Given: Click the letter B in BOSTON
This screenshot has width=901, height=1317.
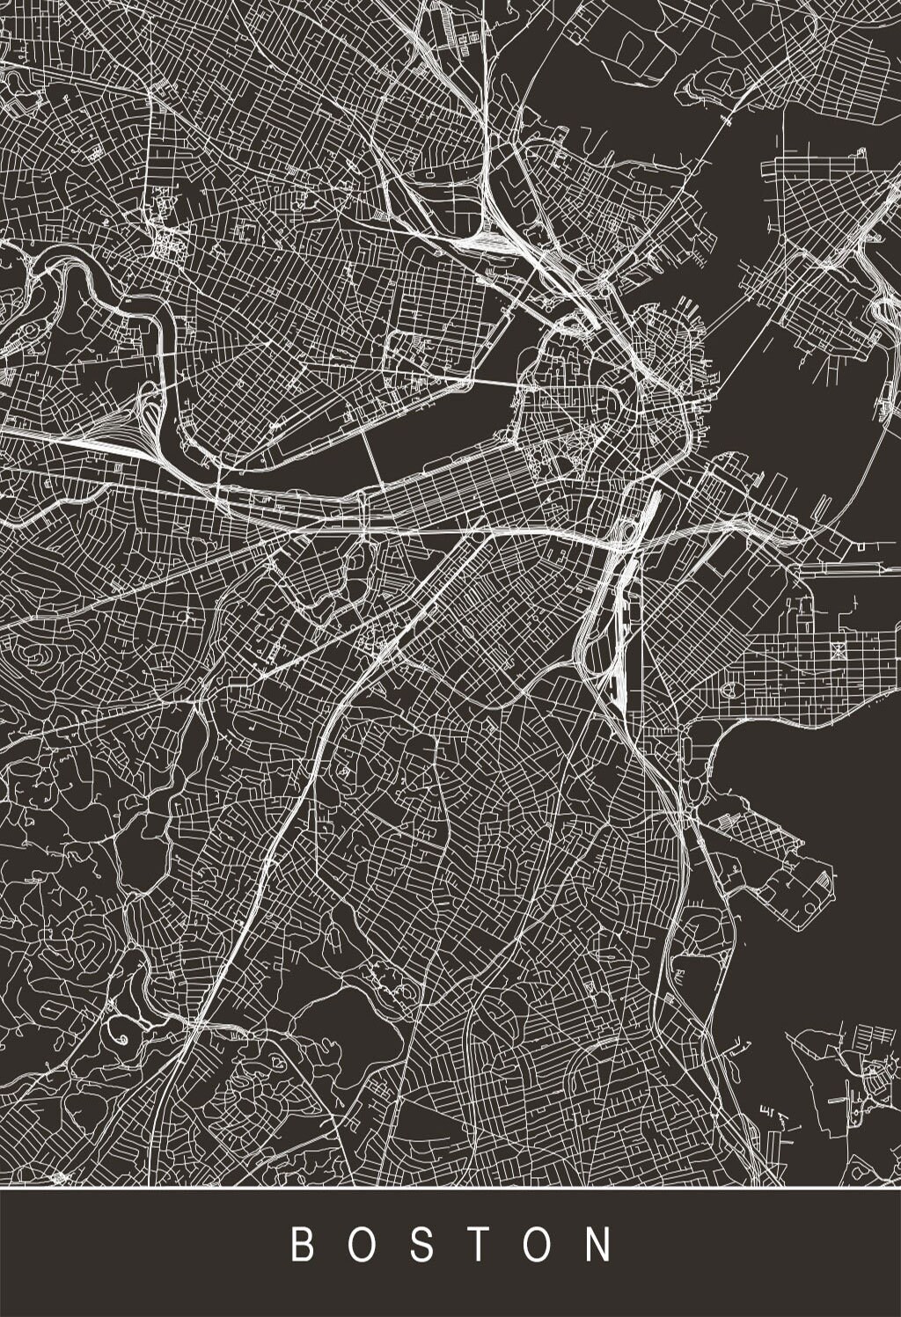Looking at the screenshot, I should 302,1246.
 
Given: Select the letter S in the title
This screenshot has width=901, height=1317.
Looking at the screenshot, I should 423,1246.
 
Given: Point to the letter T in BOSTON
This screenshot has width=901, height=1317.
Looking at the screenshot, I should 482,1246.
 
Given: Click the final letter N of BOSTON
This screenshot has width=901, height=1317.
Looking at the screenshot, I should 603,1246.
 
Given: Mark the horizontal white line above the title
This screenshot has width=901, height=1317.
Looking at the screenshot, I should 450,1188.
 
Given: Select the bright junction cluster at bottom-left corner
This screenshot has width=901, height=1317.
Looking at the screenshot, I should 59,1176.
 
